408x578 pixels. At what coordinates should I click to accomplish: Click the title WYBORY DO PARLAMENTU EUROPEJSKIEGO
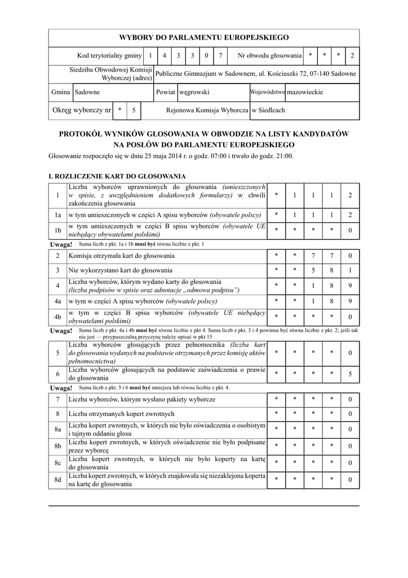click(203, 38)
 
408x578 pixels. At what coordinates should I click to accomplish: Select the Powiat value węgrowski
click(194, 91)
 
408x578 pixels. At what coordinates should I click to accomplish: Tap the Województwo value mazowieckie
click(305, 91)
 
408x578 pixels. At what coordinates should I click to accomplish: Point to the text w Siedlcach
click(268, 111)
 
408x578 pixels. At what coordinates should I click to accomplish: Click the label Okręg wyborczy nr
click(82, 111)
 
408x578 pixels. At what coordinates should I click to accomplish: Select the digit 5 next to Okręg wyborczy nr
click(134, 111)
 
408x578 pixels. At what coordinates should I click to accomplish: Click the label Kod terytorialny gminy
click(109, 56)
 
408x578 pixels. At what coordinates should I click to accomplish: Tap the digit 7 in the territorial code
click(220, 56)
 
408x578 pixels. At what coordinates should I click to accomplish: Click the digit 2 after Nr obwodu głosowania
click(352, 56)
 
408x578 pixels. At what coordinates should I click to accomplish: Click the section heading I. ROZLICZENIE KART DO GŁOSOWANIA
click(118, 177)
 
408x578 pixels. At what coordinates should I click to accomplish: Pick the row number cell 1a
click(57, 215)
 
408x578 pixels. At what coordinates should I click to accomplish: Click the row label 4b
click(57, 317)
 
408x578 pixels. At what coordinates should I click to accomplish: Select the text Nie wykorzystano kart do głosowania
click(121, 270)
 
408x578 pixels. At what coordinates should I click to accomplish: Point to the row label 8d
click(57, 480)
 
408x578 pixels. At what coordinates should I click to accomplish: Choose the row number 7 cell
click(57, 400)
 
